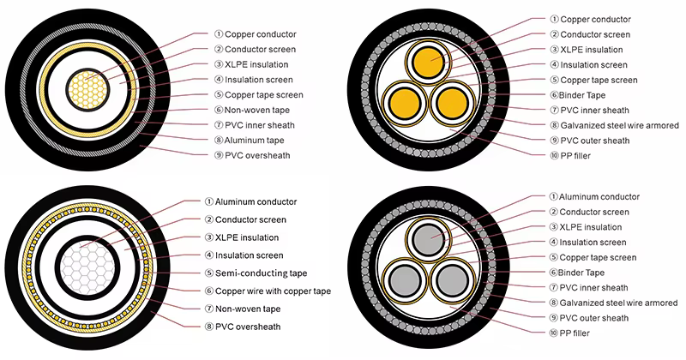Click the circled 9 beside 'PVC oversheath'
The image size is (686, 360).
219,155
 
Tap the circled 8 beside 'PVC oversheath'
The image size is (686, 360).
209,327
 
